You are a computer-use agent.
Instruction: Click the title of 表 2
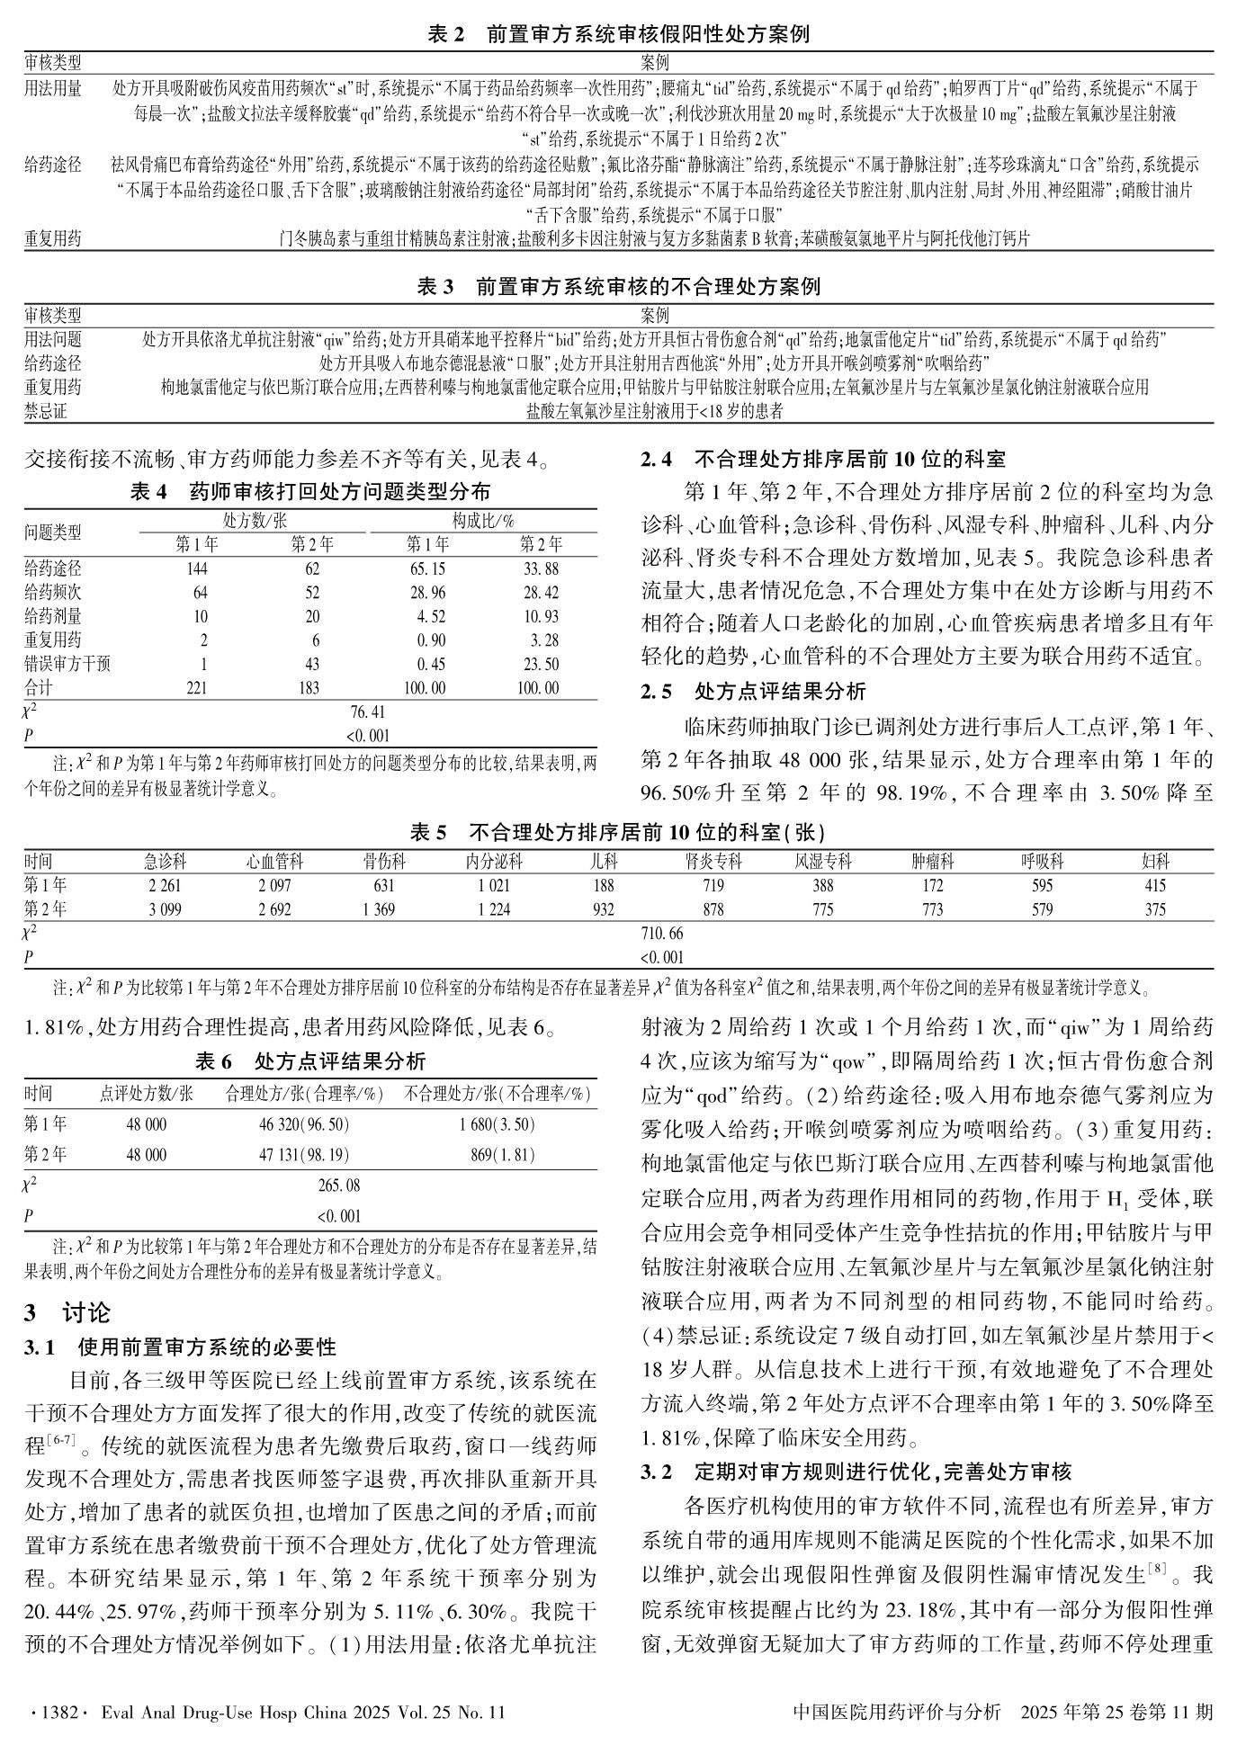pos(618,35)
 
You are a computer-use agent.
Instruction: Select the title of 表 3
pos(618,287)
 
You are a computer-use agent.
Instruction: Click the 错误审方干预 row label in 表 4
pos(67,665)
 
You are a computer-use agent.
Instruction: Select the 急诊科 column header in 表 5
pos(165,862)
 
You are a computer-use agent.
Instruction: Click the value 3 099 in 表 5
pos(165,909)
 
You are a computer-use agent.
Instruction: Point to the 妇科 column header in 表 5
pos(1155,862)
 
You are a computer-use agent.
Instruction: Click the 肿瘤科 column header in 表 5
pos(933,862)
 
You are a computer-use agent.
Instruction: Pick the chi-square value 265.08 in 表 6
pos(339,1186)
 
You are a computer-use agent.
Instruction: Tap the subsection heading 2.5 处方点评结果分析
pos(754,692)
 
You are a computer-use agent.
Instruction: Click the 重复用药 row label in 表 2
pos(52,239)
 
